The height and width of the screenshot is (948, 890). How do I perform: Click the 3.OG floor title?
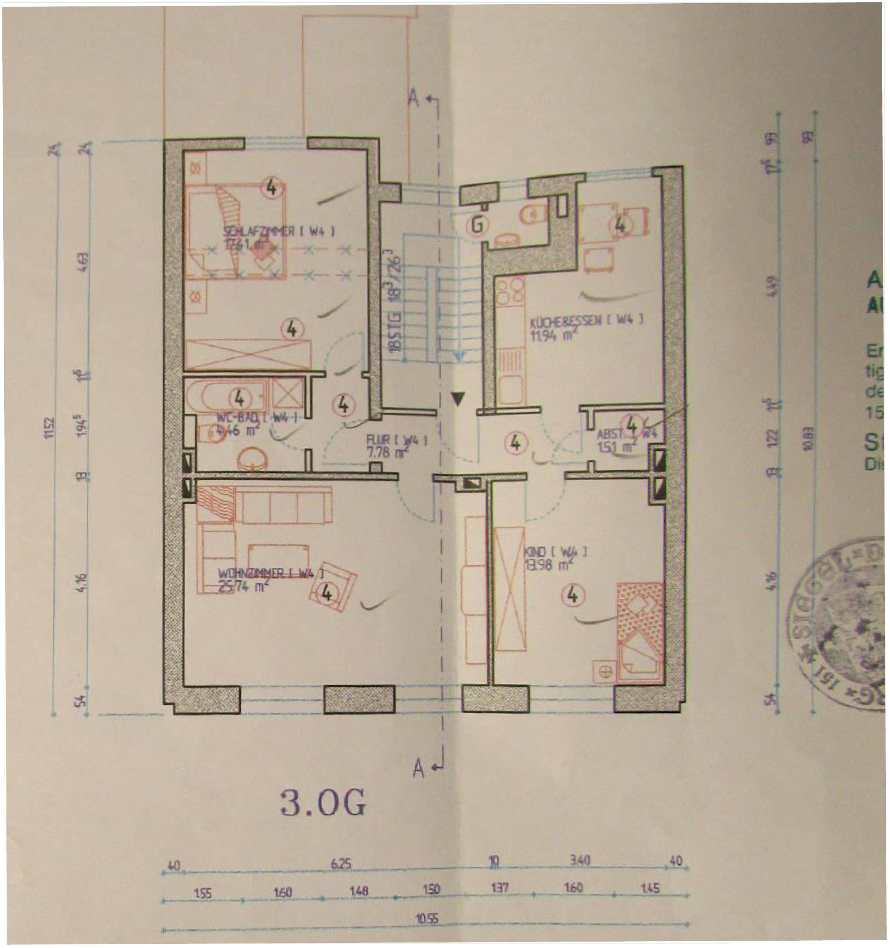[x=323, y=803]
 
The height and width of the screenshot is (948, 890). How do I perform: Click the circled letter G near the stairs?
[x=478, y=224]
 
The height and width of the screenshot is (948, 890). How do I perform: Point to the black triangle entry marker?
[x=458, y=398]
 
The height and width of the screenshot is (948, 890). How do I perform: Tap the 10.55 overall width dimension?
[x=427, y=918]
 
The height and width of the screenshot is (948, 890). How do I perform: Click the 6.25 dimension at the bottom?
[x=341, y=864]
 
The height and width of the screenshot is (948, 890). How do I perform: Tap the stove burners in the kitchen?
[x=510, y=292]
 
